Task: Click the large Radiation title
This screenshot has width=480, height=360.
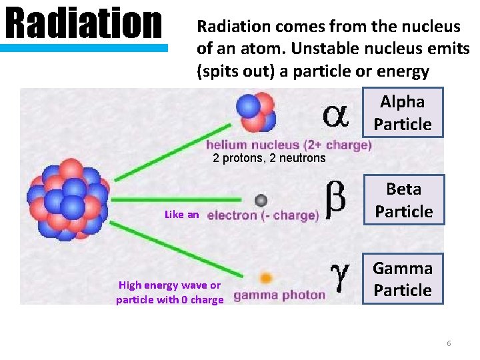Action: (84, 23)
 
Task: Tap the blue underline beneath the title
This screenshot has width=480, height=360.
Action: (84, 48)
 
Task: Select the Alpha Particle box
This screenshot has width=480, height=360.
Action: (403, 113)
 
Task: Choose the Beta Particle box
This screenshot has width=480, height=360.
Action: (403, 200)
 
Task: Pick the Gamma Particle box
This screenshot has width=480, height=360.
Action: (403, 279)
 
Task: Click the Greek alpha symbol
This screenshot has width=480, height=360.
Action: (335, 115)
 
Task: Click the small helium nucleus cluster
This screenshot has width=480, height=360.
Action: (256, 111)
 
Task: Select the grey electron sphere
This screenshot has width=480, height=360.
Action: (261, 200)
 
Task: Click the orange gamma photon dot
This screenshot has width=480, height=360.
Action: (265, 278)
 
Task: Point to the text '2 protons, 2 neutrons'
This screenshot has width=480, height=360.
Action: (269, 158)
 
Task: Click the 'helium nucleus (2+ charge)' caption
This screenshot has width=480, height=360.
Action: (288, 145)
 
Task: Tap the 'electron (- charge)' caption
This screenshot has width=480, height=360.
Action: (263, 215)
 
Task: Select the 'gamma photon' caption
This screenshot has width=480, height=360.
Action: (279, 295)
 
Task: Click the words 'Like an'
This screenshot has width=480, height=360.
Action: (181, 215)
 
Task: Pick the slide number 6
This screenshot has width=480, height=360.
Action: (449, 343)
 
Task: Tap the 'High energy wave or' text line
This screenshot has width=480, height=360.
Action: (169, 285)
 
